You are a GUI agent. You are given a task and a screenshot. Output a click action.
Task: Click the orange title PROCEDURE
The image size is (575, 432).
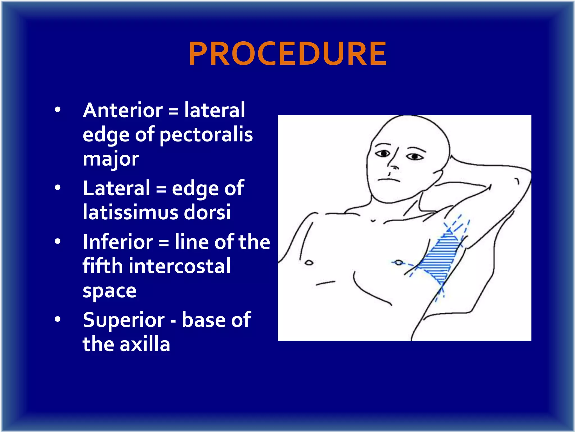(x=287, y=53)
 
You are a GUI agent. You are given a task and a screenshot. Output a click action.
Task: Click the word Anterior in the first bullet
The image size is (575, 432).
(x=123, y=110)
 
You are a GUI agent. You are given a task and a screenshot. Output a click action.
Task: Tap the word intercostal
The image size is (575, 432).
(x=180, y=266)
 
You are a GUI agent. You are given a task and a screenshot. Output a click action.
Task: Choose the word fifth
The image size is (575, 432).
(x=102, y=266)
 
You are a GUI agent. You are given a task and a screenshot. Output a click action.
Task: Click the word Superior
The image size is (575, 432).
(x=124, y=320)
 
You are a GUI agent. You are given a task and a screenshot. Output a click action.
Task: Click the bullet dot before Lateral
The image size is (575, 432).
(x=58, y=188)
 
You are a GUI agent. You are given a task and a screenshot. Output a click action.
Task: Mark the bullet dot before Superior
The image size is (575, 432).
(x=58, y=319)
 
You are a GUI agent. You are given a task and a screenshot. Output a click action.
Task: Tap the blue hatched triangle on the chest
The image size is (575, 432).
(x=438, y=259)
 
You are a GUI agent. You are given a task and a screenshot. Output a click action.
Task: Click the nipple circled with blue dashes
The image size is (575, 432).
(x=398, y=263)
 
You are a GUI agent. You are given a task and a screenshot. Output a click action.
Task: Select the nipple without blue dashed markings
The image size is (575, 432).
(x=309, y=263)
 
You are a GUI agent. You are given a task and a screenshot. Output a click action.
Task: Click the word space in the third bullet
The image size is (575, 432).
(x=109, y=291)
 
